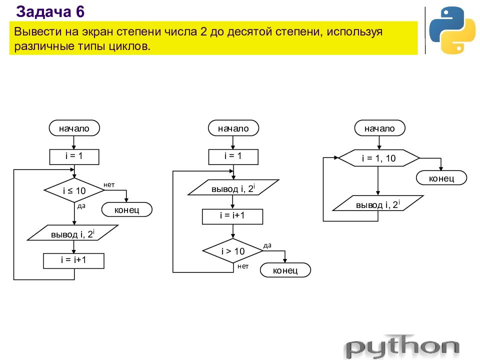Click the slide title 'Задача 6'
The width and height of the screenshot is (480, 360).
[50, 12]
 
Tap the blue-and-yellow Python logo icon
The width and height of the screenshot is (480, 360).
[452, 30]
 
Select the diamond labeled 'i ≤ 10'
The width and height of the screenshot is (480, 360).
[74, 190]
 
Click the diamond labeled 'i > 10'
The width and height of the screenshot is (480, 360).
[232, 250]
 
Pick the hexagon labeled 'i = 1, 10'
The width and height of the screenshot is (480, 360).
[378, 158]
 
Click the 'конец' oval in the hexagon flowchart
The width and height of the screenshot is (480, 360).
[441, 178]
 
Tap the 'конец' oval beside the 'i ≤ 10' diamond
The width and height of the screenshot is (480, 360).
[126, 209]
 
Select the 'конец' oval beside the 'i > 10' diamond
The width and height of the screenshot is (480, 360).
[285, 270]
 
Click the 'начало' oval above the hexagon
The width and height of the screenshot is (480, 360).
[379, 128]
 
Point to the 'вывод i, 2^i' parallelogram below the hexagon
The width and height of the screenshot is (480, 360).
[378, 203]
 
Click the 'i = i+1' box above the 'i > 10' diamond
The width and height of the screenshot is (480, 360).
[232, 216]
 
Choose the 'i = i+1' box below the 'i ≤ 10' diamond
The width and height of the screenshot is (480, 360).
[74, 261]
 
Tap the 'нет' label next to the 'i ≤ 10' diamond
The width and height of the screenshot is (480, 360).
[109, 185]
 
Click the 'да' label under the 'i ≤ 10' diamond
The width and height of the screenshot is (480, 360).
[81, 206]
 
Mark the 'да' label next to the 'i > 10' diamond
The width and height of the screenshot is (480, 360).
[267, 245]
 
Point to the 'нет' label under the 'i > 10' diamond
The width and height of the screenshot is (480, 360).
[243, 266]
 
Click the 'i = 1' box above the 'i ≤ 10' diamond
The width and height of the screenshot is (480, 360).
[74, 156]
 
